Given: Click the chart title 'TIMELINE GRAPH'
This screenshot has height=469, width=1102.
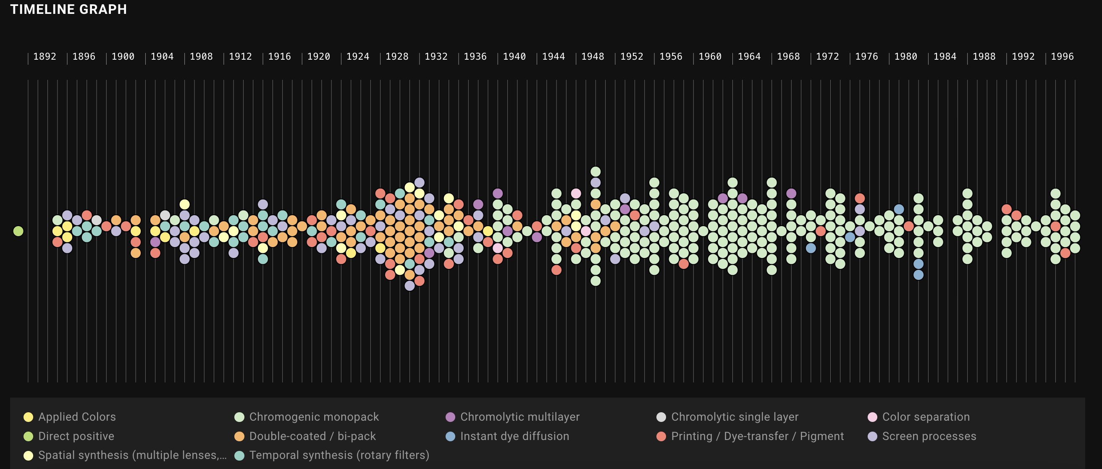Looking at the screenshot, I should click(x=68, y=9).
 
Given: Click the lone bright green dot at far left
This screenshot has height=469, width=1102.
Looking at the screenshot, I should click(x=18, y=231).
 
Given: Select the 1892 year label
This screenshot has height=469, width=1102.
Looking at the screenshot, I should click(x=45, y=56).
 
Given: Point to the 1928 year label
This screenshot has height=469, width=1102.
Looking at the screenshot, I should click(x=396, y=56).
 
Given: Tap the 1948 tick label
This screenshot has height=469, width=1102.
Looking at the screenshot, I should click(x=593, y=56).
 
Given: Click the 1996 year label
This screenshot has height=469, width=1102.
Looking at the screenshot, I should click(x=1062, y=56).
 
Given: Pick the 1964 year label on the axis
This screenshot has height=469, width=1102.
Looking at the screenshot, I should click(x=749, y=56).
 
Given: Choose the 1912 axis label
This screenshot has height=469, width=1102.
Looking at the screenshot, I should click(x=240, y=56).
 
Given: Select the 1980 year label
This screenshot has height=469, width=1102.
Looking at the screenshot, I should click(x=905, y=56).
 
